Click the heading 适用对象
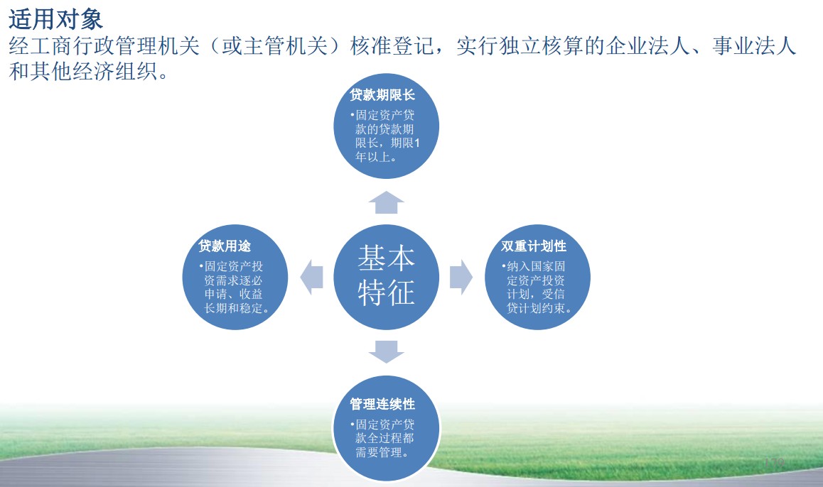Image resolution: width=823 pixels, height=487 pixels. click(55, 20)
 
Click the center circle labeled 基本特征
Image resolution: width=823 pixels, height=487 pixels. click(387, 277)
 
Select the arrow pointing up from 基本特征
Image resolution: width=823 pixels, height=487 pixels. click(387, 202)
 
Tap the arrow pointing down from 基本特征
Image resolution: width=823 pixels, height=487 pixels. click(387, 351)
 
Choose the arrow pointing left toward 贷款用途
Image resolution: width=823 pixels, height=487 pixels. click(311, 277)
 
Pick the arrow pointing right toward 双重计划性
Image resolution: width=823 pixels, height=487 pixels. click(461, 277)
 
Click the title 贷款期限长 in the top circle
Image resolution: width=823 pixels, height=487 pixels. click(382, 95)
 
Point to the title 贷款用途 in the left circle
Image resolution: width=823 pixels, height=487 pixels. click(225, 246)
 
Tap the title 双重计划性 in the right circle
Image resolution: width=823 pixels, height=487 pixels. click(534, 246)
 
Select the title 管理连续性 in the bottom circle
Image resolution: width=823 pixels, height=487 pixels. click(382, 404)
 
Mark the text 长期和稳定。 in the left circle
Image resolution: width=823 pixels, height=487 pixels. click(237, 308)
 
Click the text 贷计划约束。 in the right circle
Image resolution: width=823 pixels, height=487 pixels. click(539, 308)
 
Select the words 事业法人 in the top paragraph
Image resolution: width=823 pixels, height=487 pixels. click(754, 46)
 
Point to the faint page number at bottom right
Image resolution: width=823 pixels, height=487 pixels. click(774, 463)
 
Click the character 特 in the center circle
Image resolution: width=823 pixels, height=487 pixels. click(372, 292)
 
